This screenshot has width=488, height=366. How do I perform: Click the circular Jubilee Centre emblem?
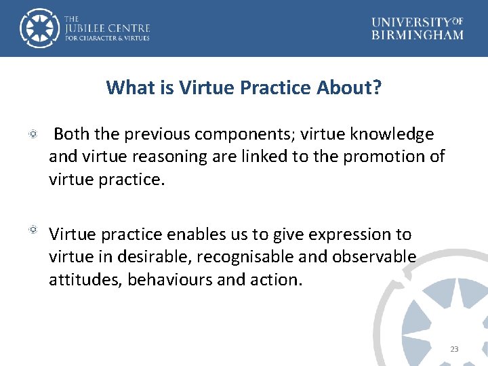click(39, 28)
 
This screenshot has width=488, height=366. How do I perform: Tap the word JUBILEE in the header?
click(94, 28)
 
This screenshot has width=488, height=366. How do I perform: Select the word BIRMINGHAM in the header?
click(418, 35)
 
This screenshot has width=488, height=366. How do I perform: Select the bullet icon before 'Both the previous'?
click(33, 136)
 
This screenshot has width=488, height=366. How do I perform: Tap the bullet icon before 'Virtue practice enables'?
click(33, 230)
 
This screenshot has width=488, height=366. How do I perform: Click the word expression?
click(348, 235)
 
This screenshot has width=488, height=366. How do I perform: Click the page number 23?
click(454, 349)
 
